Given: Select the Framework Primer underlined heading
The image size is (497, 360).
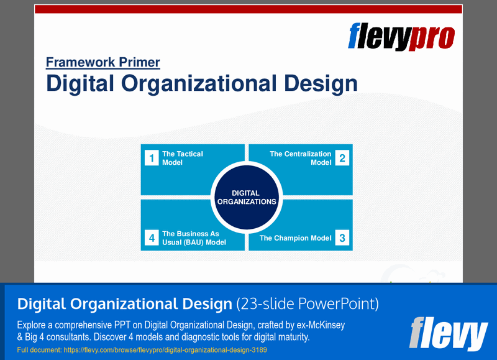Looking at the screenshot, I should (x=103, y=62).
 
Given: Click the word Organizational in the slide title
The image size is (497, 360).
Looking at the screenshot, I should (x=211, y=83).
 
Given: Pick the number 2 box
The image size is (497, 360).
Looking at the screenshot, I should (x=342, y=158).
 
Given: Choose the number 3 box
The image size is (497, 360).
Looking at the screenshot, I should (x=342, y=238).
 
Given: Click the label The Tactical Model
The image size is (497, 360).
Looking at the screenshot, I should (x=182, y=158).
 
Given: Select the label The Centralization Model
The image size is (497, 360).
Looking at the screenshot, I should (x=301, y=158).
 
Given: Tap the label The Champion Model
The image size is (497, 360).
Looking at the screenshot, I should (x=295, y=238).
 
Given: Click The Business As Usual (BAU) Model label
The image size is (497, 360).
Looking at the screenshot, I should (x=194, y=238).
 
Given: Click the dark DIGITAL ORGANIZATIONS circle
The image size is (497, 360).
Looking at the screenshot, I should (x=246, y=197).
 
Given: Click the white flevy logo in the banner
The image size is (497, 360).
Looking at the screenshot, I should (x=448, y=333).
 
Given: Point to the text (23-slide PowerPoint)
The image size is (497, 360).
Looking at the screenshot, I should (x=308, y=304).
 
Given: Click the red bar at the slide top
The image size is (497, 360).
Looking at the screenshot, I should (x=248, y=9).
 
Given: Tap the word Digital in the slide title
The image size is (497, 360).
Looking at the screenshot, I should (x=83, y=83).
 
